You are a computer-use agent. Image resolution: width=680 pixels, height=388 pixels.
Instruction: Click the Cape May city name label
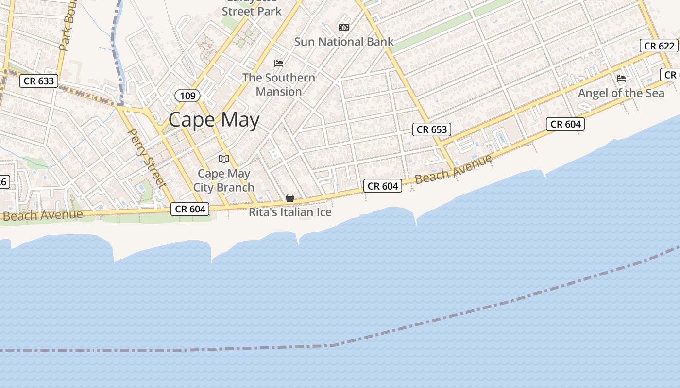(x=214, y=120)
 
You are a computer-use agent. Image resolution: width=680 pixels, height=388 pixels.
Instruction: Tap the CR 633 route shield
(x=39, y=81)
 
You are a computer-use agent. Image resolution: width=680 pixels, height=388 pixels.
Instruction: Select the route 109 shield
(x=187, y=96)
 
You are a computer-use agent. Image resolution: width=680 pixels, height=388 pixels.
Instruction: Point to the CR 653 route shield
(x=432, y=129)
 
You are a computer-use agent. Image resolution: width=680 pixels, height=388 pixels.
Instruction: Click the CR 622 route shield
(x=659, y=46)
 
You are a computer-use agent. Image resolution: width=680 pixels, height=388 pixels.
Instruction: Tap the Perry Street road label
(x=146, y=157)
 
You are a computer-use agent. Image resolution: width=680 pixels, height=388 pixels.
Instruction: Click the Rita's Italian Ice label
(x=290, y=212)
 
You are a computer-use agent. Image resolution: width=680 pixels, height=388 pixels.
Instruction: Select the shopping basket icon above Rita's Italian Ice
(x=290, y=198)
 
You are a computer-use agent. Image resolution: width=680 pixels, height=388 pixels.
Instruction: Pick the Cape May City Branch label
(x=224, y=180)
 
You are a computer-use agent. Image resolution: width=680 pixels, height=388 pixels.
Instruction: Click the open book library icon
(x=224, y=159)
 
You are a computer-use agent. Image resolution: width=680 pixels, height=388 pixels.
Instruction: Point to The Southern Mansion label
(x=279, y=84)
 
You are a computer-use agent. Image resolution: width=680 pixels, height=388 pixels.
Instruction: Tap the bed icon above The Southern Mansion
(x=279, y=63)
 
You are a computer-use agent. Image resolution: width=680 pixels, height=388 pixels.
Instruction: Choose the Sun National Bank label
(x=343, y=42)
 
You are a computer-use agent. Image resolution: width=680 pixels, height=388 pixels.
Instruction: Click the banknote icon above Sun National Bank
(x=344, y=28)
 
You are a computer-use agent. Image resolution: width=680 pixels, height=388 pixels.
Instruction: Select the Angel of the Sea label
(x=621, y=93)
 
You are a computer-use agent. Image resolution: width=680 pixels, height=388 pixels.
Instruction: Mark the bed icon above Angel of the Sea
(x=621, y=79)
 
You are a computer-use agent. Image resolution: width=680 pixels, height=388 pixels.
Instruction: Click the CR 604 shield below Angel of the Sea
(x=565, y=124)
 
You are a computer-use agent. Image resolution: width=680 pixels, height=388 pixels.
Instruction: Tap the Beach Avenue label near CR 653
(x=453, y=169)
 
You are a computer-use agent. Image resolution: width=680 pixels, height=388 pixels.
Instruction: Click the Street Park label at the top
(x=252, y=11)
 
